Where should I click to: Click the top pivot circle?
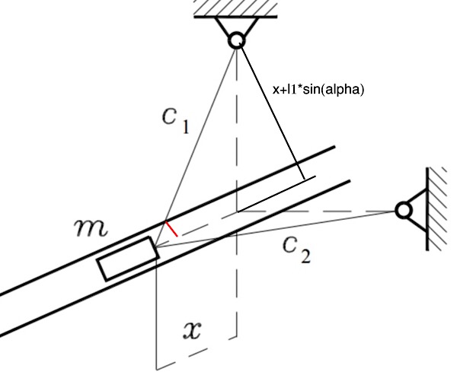point(236,40)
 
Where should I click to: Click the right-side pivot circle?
point(404,210)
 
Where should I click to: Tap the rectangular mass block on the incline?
point(129,259)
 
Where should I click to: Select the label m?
point(91,227)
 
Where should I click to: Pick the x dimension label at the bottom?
point(192,330)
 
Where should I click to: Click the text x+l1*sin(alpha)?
point(318,90)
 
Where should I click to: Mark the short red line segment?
point(171,229)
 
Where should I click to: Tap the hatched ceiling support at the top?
point(235,8)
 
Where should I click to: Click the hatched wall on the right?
point(436,208)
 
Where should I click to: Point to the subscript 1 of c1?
point(186,127)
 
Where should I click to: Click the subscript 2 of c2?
point(305,256)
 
